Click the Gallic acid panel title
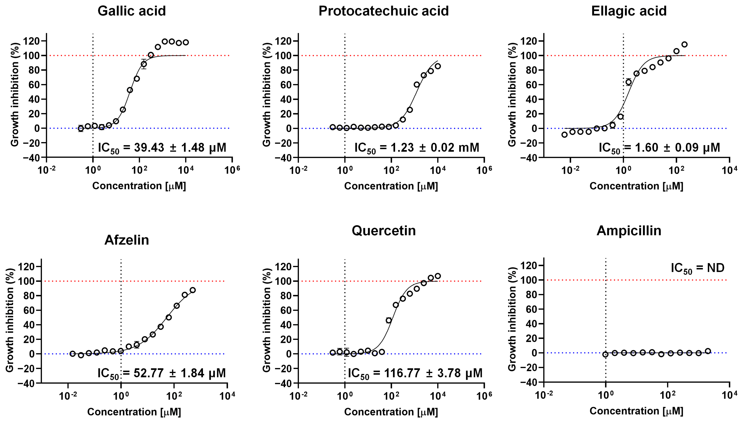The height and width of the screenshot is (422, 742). pyautogui.click(x=131, y=11)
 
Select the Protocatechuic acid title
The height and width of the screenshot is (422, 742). pyautogui.click(x=383, y=11)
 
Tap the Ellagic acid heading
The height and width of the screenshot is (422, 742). pyautogui.click(x=629, y=11)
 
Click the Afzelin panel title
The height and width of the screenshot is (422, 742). pyautogui.click(x=127, y=240)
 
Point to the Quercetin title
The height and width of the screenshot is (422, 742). pyautogui.click(x=383, y=231)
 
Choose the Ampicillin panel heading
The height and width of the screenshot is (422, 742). pyautogui.click(x=629, y=231)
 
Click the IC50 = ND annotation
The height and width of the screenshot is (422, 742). pyautogui.click(x=697, y=268)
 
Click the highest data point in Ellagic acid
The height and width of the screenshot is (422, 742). pyautogui.click(x=684, y=44)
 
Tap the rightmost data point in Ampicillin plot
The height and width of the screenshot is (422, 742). pyautogui.click(x=708, y=351)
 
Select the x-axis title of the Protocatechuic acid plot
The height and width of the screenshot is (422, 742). pyautogui.click(x=391, y=186)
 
